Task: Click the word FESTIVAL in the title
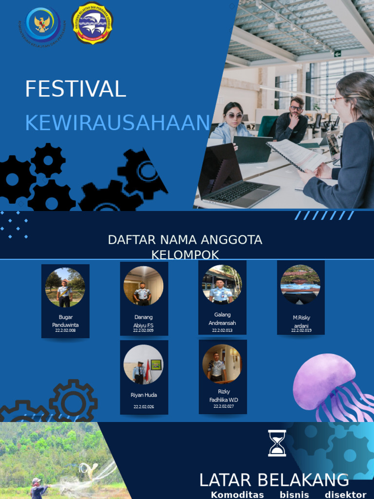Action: [x=75, y=89]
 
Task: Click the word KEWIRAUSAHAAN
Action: [x=117, y=123]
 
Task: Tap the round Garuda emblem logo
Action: [x=43, y=23]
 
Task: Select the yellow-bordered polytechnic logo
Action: [x=92, y=23]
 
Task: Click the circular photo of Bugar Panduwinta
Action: [x=65, y=288]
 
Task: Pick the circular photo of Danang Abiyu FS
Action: [x=143, y=286]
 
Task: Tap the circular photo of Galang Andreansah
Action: [x=222, y=285]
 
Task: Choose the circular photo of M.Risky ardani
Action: [x=300, y=285]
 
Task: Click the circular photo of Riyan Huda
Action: [x=143, y=365]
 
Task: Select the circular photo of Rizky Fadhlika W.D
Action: [x=222, y=364]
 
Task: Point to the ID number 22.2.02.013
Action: [x=222, y=330]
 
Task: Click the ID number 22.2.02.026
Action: [x=144, y=406]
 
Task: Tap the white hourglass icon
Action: [x=277, y=443]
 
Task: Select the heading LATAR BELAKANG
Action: [x=274, y=480]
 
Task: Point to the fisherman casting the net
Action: [x=37, y=488]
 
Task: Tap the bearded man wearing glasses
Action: [x=292, y=119]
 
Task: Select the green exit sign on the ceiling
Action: [x=337, y=53]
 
